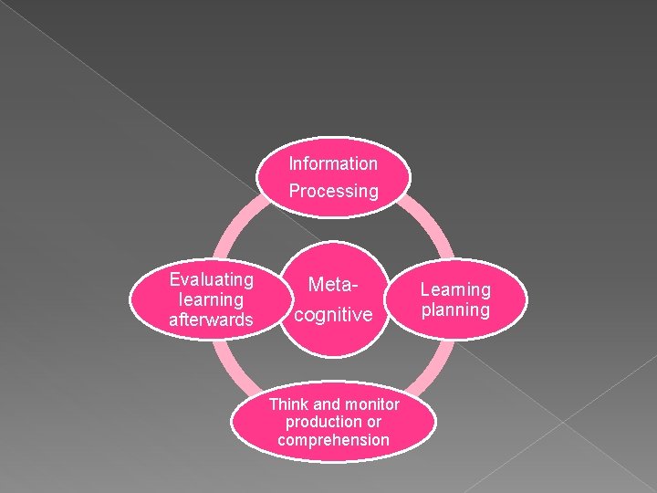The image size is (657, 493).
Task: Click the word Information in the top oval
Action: (x=333, y=164)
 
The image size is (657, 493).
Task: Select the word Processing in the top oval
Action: (x=333, y=192)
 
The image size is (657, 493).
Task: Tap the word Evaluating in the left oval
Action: (x=212, y=279)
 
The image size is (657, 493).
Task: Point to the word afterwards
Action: (x=212, y=320)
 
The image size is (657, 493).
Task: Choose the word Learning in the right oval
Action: (x=455, y=290)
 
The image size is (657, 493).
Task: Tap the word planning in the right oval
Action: (x=455, y=310)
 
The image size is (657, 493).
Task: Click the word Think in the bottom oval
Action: (x=290, y=404)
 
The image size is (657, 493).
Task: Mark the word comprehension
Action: (x=334, y=440)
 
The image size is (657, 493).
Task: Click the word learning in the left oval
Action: (x=212, y=299)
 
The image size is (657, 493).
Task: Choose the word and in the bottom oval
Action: (x=326, y=404)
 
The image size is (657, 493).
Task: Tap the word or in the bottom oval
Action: (x=373, y=422)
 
